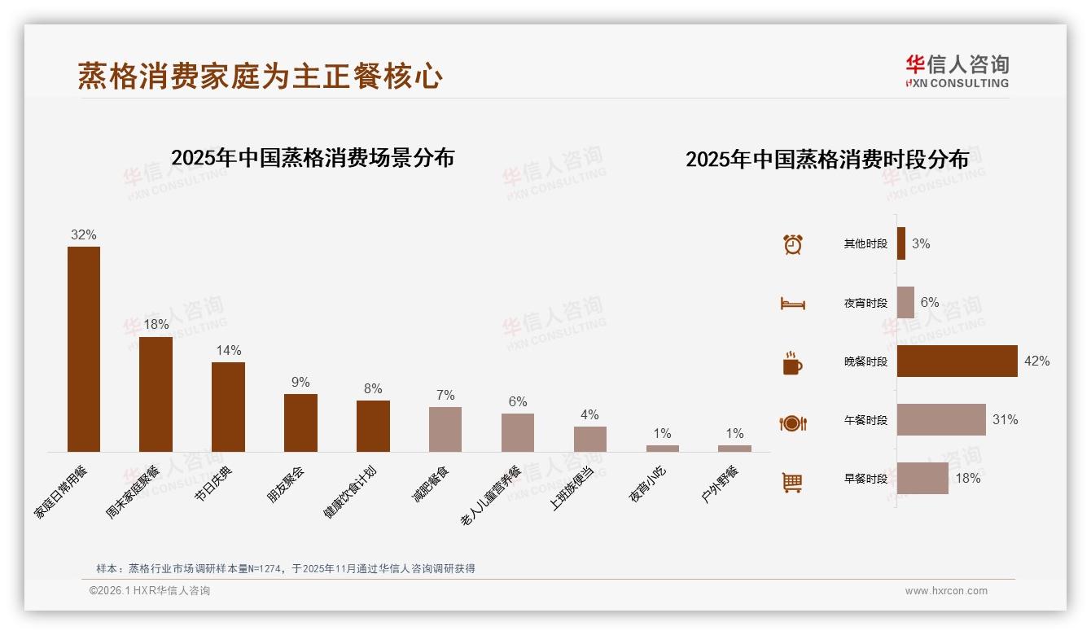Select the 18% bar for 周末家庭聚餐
156,394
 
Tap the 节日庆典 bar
228,406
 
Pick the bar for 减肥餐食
445,429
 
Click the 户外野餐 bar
734,449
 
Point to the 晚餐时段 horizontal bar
957,361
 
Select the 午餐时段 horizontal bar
941,420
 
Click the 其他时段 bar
901,243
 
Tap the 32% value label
83,234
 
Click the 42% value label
1036,361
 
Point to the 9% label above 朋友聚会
300,382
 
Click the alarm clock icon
792,244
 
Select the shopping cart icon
792,482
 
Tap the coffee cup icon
792,363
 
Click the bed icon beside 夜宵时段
792,304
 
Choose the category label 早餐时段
865,479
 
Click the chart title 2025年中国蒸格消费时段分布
827,159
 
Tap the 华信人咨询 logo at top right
957,71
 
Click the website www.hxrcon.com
946,591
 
